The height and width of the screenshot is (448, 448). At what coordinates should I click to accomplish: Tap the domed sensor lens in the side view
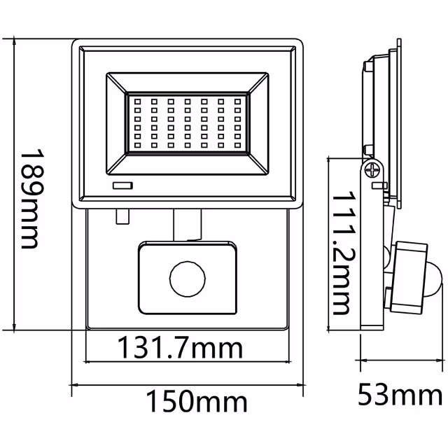[434, 279]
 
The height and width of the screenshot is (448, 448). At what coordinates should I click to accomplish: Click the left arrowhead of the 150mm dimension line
[75, 384]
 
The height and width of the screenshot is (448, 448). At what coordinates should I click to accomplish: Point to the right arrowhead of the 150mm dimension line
[302, 384]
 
